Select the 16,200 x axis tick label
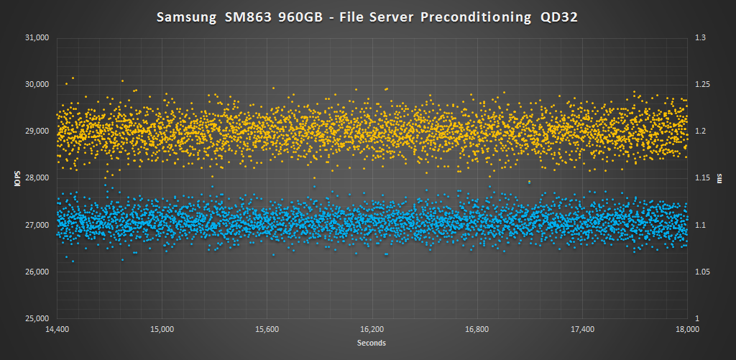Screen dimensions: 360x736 click(x=372, y=330)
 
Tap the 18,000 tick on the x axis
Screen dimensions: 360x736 click(x=688, y=330)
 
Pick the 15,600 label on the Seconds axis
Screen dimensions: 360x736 click(x=267, y=330)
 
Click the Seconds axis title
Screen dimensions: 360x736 click(x=372, y=343)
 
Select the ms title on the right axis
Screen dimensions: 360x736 click(x=719, y=178)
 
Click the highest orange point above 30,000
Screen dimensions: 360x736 click(x=73, y=78)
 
